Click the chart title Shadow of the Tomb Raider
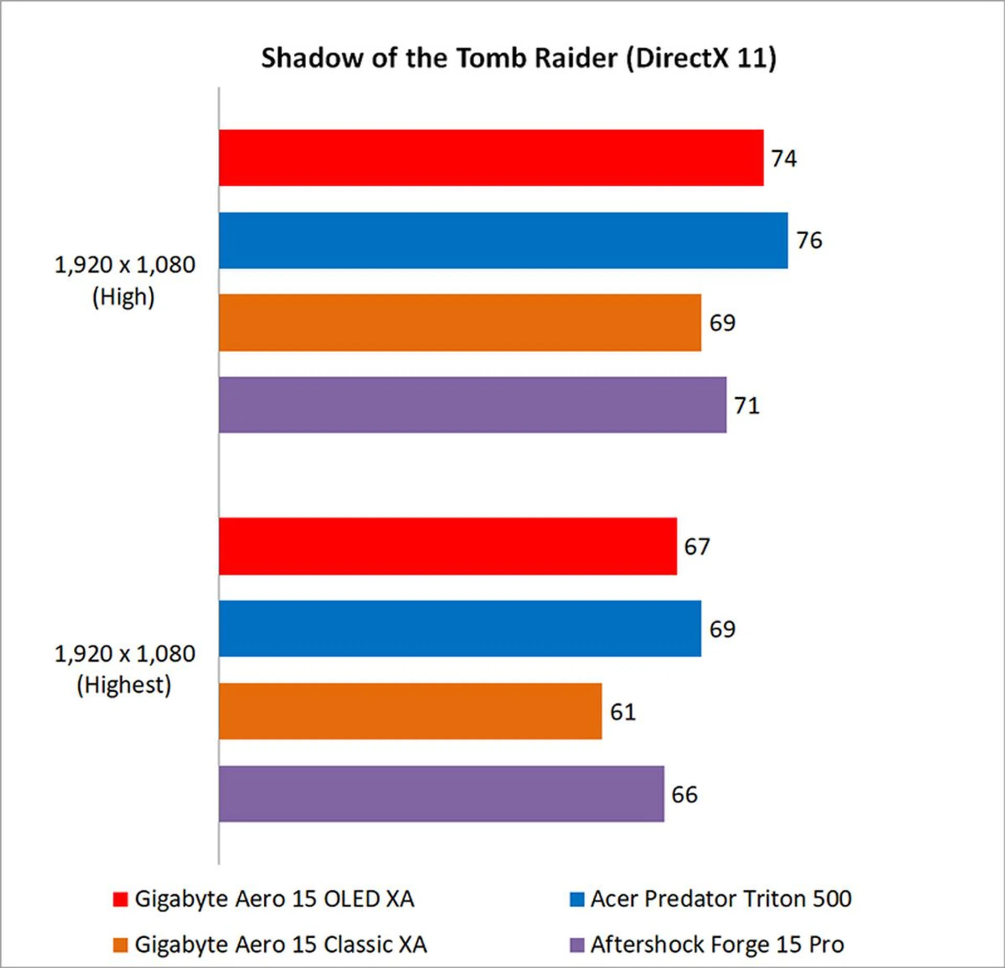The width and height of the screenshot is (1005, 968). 518,58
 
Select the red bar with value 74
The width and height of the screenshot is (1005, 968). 491,158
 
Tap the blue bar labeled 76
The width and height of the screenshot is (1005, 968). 503,240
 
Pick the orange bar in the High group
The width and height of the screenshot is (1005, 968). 460,322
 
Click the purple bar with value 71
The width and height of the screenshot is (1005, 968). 472,405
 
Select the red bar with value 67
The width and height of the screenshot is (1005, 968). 448,546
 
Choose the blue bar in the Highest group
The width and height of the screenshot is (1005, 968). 460,628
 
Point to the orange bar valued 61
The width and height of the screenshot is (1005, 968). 410,711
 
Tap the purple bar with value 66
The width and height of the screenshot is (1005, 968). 441,794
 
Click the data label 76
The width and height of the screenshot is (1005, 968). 809,240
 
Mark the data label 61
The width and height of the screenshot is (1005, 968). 623,712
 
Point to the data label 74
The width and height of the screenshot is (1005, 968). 784,159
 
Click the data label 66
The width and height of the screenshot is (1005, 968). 685,794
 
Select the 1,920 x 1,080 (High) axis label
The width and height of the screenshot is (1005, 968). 125,280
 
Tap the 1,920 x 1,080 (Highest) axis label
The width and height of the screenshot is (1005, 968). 125,669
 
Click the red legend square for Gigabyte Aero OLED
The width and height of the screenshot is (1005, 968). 120,899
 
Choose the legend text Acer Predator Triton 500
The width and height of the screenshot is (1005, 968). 721,899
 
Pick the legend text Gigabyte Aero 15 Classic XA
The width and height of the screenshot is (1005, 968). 281,944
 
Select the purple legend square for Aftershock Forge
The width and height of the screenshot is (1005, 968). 577,945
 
